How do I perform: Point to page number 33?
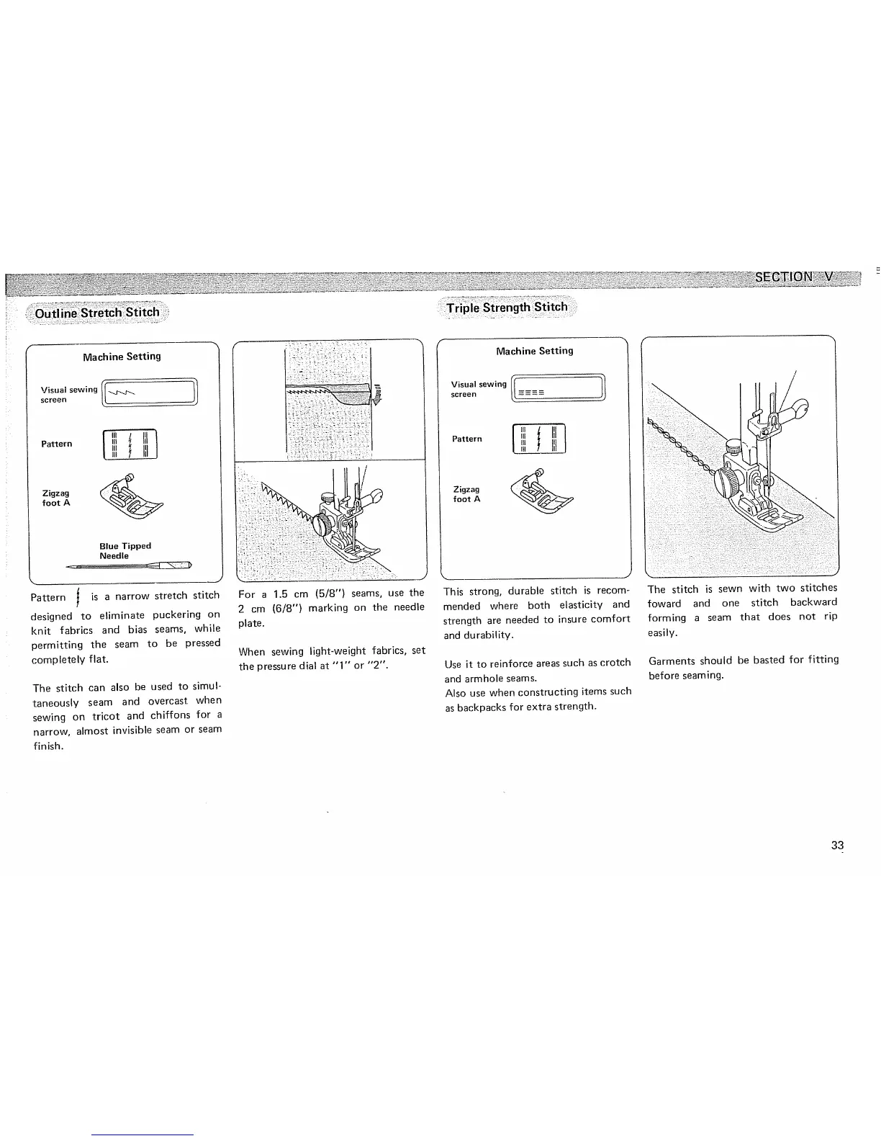[x=836, y=846]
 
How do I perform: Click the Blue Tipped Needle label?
[x=125, y=551]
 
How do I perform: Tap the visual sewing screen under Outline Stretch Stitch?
[x=150, y=393]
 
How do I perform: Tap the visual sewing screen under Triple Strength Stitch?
[x=559, y=388]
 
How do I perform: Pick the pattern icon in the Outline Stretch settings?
[x=130, y=444]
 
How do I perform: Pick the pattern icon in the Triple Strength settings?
[x=539, y=439]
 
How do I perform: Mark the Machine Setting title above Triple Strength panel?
[x=535, y=351]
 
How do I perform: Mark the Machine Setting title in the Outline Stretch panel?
[x=122, y=357]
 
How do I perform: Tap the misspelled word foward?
[x=664, y=603]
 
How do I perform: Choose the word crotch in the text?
[x=614, y=663]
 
